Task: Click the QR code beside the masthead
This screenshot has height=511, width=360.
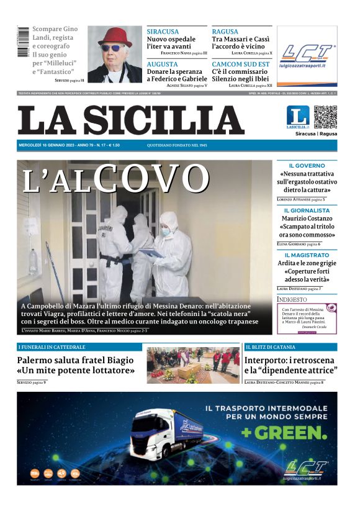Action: tap(326, 117)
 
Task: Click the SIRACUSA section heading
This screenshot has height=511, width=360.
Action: tap(163, 32)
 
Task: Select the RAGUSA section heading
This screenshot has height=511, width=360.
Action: tap(226, 32)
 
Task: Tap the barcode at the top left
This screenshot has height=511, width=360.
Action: tap(23, 42)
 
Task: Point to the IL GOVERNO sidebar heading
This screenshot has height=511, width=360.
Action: tap(307, 166)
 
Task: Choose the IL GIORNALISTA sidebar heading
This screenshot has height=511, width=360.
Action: tap(307, 210)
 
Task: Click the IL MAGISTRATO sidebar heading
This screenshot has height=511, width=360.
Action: tap(307, 255)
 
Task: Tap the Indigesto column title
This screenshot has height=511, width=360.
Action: tap(292, 299)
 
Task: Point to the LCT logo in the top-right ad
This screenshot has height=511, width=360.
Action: tap(307, 53)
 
